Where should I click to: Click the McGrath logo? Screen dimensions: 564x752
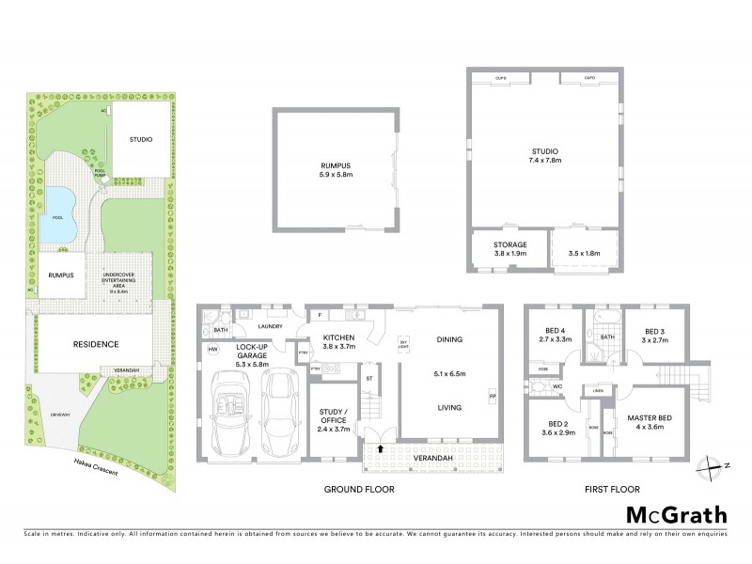(676, 514)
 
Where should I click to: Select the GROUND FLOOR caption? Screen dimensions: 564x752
(358, 490)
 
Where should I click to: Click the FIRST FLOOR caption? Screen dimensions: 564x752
(611, 490)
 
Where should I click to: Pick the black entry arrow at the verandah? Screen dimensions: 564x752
(380, 449)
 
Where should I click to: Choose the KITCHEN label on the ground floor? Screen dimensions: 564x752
(338, 341)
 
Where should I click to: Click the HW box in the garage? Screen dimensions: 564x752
(212, 350)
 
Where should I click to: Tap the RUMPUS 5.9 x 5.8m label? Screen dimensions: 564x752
(335, 172)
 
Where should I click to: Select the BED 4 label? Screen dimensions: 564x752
(554, 334)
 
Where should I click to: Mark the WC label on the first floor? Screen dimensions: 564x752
(556, 386)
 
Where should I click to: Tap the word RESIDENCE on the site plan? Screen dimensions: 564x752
(96, 344)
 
